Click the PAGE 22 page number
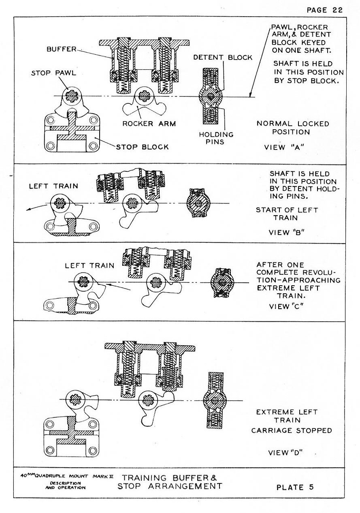(x=324, y=10)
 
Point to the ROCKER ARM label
(x=149, y=124)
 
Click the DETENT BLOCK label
(x=222, y=58)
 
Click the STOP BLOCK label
(x=142, y=147)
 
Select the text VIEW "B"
(x=286, y=232)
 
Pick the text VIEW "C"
(x=287, y=306)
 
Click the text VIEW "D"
(x=286, y=452)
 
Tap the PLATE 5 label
(x=295, y=487)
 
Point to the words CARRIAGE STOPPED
(x=292, y=430)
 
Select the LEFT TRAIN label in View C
(x=89, y=266)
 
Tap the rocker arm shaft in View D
(x=147, y=400)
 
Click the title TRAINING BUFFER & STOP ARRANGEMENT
(x=170, y=481)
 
